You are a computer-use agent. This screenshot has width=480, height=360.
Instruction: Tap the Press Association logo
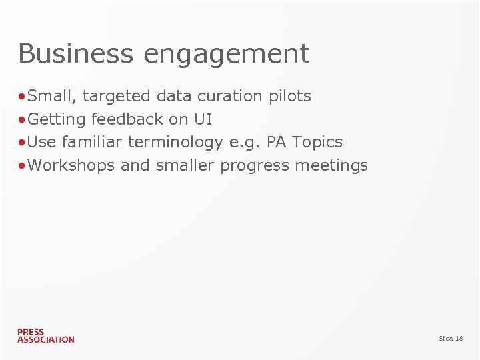[x=45, y=335]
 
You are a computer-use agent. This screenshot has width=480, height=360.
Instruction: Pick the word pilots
[x=289, y=97]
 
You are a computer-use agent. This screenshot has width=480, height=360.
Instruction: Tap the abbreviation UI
[x=203, y=119]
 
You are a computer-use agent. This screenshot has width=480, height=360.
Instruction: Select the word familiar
[x=93, y=142]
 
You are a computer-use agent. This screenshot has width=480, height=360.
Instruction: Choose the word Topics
[x=317, y=143]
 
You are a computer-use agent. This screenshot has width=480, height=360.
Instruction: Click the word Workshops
[x=71, y=165]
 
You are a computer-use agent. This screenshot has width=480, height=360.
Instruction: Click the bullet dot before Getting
[x=23, y=120]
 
